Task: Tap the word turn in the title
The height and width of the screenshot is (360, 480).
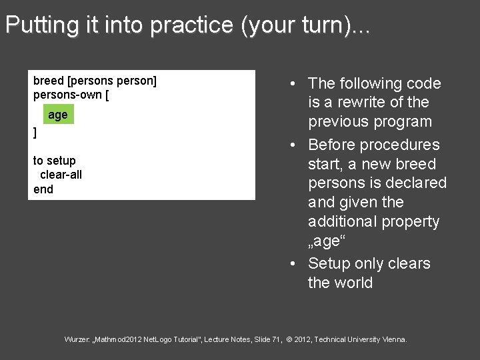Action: point(325,25)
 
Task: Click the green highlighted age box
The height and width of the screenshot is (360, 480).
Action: point(58,115)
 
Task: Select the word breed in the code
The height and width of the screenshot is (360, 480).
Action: point(49,81)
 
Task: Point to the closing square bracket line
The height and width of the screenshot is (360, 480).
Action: point(35,133)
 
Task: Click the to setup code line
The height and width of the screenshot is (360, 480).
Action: point(55,161)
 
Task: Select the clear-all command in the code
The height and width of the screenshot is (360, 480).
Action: point(61,175)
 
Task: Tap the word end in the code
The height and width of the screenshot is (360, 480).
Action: point(43,189)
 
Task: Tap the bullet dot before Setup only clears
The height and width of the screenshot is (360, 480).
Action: point(293,264)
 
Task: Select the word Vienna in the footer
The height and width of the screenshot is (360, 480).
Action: point(393,340)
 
